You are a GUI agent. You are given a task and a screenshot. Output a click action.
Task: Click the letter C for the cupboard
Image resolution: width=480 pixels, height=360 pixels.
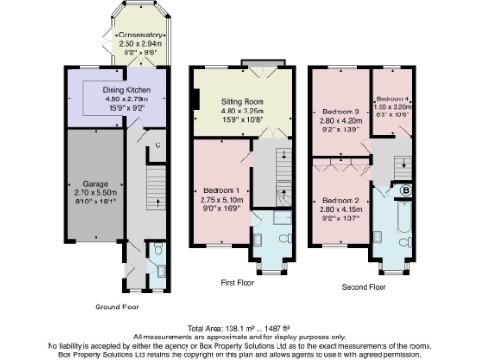[x=158, y=144]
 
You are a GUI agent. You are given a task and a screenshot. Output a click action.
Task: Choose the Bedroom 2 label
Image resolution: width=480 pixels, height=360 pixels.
[x=339, y=201]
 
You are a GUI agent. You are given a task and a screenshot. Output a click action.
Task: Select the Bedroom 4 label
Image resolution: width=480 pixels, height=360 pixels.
[x=394, y=98]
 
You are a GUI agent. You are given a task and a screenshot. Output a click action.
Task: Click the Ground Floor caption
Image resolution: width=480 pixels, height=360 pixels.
[x=121, y=307]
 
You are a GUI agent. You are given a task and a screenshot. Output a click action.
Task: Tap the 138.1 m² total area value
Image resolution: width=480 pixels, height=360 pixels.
[x=223, y=328]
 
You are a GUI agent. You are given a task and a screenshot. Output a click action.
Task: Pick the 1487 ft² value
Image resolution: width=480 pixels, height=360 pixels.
[x=272, y=328]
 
